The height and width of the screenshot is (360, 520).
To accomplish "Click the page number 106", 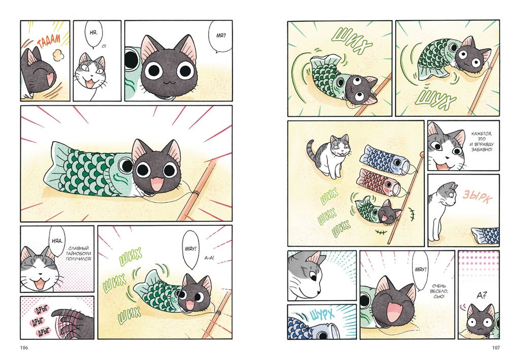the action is tap(24, 348).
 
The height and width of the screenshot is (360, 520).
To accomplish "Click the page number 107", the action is tap(496, 348).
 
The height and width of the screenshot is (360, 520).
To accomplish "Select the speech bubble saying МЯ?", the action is tap(220, 36).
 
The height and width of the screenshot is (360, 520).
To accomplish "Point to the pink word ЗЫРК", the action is tap(477, 197).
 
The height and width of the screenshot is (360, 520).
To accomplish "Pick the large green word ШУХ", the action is tap(435, 99).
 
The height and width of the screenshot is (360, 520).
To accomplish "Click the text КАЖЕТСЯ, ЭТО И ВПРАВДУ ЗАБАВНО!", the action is tap(481, 142).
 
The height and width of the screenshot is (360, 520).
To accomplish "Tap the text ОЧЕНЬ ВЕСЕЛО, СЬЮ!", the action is tap(439, 291).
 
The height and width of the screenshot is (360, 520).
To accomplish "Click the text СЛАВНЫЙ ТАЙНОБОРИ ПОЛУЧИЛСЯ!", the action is tap(78, 253).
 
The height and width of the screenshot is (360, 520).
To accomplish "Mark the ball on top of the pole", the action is tap(422, 154).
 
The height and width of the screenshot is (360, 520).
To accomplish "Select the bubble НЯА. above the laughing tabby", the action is tap(57, 241).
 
